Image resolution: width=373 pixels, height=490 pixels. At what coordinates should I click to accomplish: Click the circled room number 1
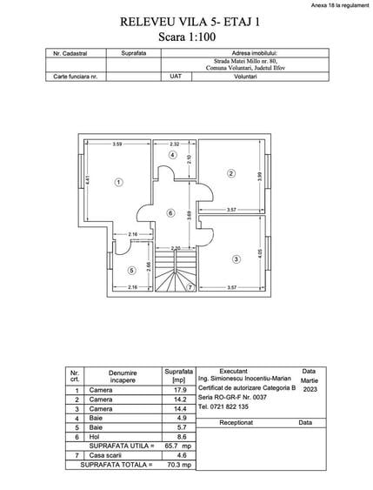pyautogui.click(x=118, y=181)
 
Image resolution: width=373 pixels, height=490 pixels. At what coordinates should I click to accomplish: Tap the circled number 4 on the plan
pyautogui.click(x=173, y=155)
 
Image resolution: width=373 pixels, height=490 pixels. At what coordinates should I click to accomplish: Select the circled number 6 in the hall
pyautogui.click(x=170, y=212)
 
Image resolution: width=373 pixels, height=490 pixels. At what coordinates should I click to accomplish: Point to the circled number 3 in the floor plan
pyautogui.click(x=236, y=258)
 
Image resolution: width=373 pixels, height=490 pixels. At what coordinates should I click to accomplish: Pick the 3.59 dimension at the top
pyautogui.click(x=117, y=144)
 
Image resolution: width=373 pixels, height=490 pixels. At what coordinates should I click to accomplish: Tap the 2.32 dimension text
pyautogui.click(x=175, y=144)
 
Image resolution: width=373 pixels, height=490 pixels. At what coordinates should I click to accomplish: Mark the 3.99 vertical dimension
pyautogui.click(x=259, y=175)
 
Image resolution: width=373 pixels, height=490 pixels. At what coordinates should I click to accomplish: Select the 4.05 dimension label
pyautogui.click(x=259, y=254)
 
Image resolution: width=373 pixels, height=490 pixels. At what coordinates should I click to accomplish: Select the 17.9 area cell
pyautogui.click(x=179, y=391)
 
